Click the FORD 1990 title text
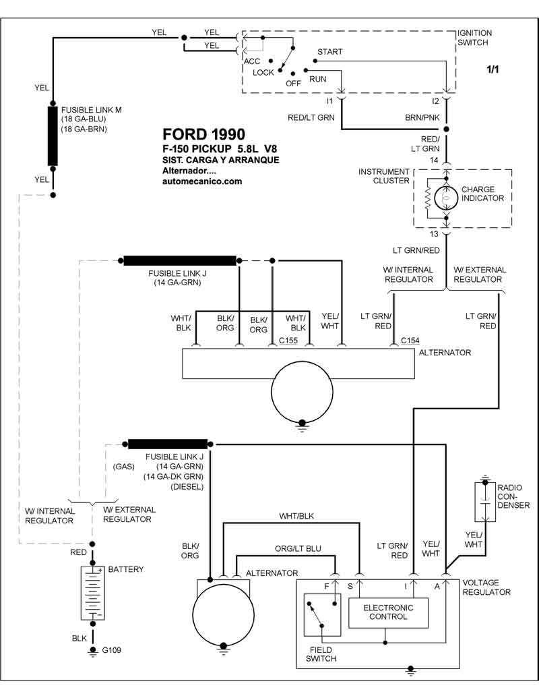(204, 134)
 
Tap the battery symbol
(92, 593)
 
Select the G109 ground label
(112, 651)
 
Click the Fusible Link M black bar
(53, 136)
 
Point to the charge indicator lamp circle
(446, 198)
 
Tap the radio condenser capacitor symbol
(484, 502)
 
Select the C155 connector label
(288, 341)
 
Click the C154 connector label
(410, 341)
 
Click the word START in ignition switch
(329, 52)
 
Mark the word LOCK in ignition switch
(263, 72)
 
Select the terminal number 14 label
(435, 160)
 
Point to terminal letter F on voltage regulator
(327, 586)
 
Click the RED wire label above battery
(79, 552)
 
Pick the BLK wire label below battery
(79, 637)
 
